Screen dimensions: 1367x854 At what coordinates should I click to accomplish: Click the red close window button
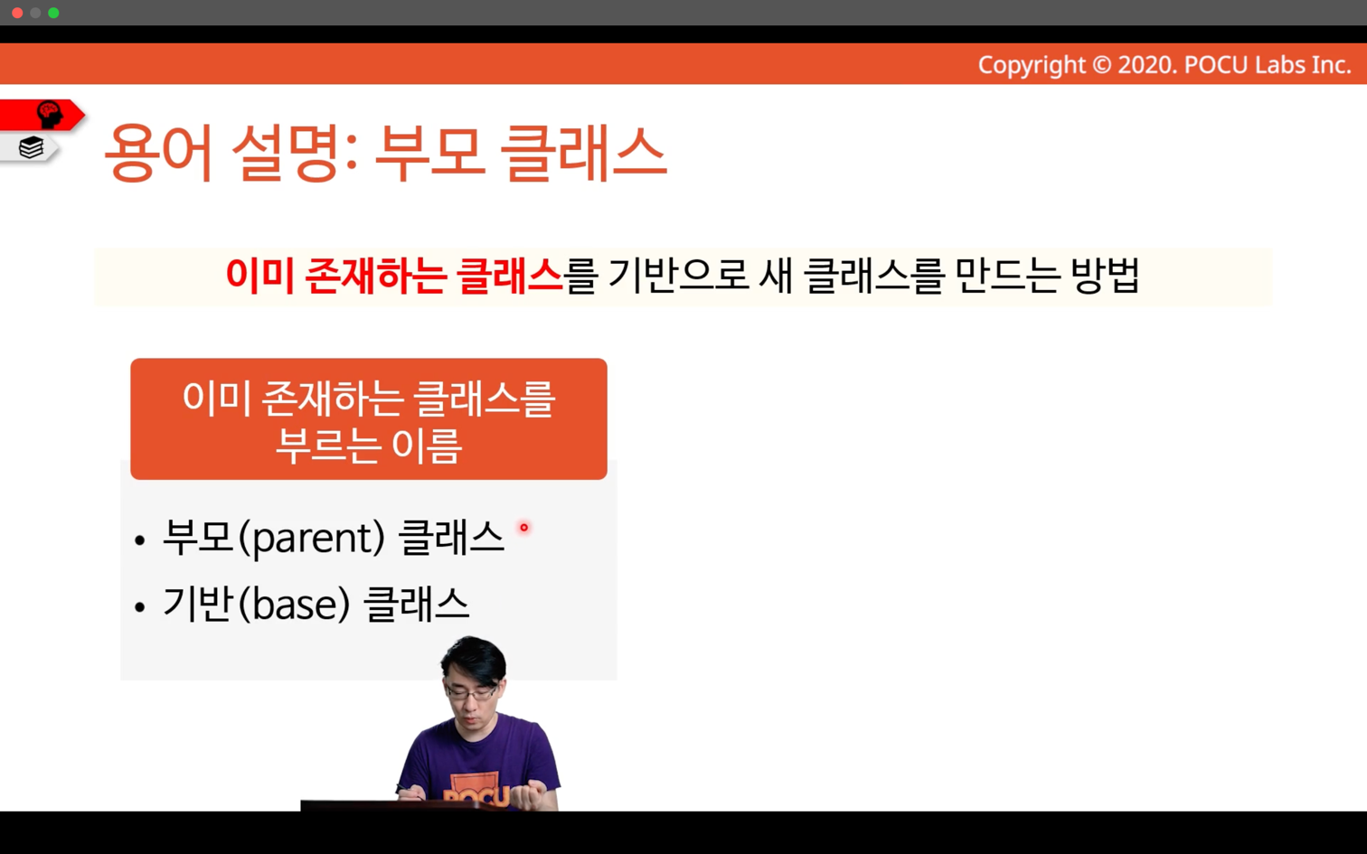pyautogui.click(x=17, y=13)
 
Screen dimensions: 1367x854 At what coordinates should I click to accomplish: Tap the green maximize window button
pyautogui.click(x=53, y=13)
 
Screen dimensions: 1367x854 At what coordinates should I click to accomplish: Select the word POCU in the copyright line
pyautogui.click(x=1216, y=65)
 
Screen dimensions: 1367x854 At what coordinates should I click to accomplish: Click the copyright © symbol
pyautogui.click(x=1101, y=65)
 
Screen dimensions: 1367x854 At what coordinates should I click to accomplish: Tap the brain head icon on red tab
pyautogui.click(x=50, y=115)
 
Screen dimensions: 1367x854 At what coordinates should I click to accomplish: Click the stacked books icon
pyautogui.click(x=31, y=147)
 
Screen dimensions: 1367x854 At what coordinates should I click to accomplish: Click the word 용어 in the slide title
pyautogui.click(x=158, y=153)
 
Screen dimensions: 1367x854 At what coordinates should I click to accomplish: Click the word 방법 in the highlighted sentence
pyautogui.click(x=1105, y=277)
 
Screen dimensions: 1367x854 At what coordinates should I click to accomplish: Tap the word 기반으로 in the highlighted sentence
pyautogui.click(x=679, y=277)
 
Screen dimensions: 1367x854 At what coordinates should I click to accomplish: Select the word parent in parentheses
pyautogui.click(x=317, y=539)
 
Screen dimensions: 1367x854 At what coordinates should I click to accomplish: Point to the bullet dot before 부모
pyautogui.click(x=140, y=540)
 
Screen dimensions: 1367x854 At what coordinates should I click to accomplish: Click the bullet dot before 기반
pyautogui.click(x=140, y=607)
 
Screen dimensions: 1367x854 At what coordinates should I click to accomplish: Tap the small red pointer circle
pyautogui.click(x=523, y=528)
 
